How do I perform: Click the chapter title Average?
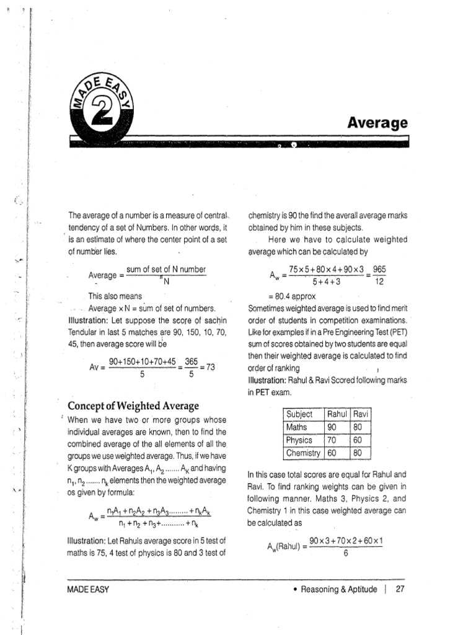377,123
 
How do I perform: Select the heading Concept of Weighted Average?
133,406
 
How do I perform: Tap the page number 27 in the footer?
400,589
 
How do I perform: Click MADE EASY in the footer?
88,590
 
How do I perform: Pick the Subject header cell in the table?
299,414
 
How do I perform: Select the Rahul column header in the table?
337,414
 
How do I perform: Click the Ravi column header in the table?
361,414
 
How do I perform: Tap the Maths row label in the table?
296,427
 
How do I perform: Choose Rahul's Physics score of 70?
332,440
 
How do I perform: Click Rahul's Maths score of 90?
332,427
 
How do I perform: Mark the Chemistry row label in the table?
303,453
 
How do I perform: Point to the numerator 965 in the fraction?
380,270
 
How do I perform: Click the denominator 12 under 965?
380,282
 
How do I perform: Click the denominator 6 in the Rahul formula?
346,553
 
